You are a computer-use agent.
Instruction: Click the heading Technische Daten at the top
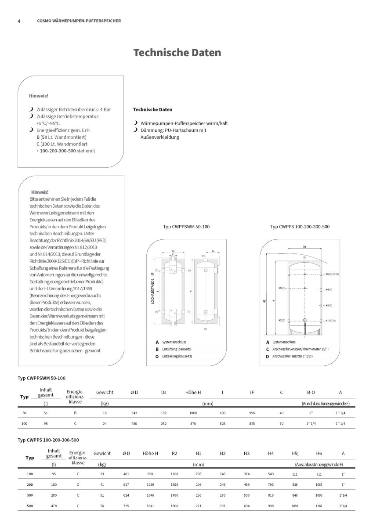[177, 53]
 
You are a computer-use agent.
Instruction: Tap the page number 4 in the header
[19, 21]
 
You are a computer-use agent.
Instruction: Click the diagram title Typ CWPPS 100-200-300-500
[300, 227]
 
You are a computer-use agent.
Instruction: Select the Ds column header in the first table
[163, 392]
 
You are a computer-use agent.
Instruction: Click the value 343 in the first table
[134, 413]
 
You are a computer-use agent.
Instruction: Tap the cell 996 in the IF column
[252, 413]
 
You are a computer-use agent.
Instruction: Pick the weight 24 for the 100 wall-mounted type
[105, 423]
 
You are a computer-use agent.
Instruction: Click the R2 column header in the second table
[174, 453]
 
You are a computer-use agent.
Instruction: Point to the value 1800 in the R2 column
[174, 507]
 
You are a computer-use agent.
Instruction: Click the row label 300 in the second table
[30, 496]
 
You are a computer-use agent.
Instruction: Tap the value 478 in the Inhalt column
[54, 507]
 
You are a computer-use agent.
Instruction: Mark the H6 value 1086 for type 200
[319, 485]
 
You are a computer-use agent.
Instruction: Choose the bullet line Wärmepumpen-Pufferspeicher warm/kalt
[184, 123]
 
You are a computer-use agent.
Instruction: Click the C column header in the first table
[281, 392]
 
